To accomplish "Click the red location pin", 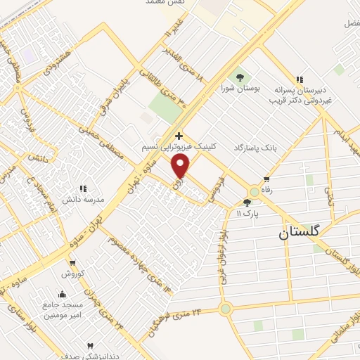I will (181, 166).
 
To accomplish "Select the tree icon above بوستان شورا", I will (241, 77).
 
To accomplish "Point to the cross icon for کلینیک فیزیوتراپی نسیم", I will (179, 136).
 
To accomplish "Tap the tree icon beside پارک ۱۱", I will (246, 202).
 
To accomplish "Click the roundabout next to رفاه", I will (255, 191).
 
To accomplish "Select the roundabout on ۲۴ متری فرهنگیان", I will (225, 308).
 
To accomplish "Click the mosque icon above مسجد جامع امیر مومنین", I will (62, 295).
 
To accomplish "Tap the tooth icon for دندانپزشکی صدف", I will (90, 346).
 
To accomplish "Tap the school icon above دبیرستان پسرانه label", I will (300, 79).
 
